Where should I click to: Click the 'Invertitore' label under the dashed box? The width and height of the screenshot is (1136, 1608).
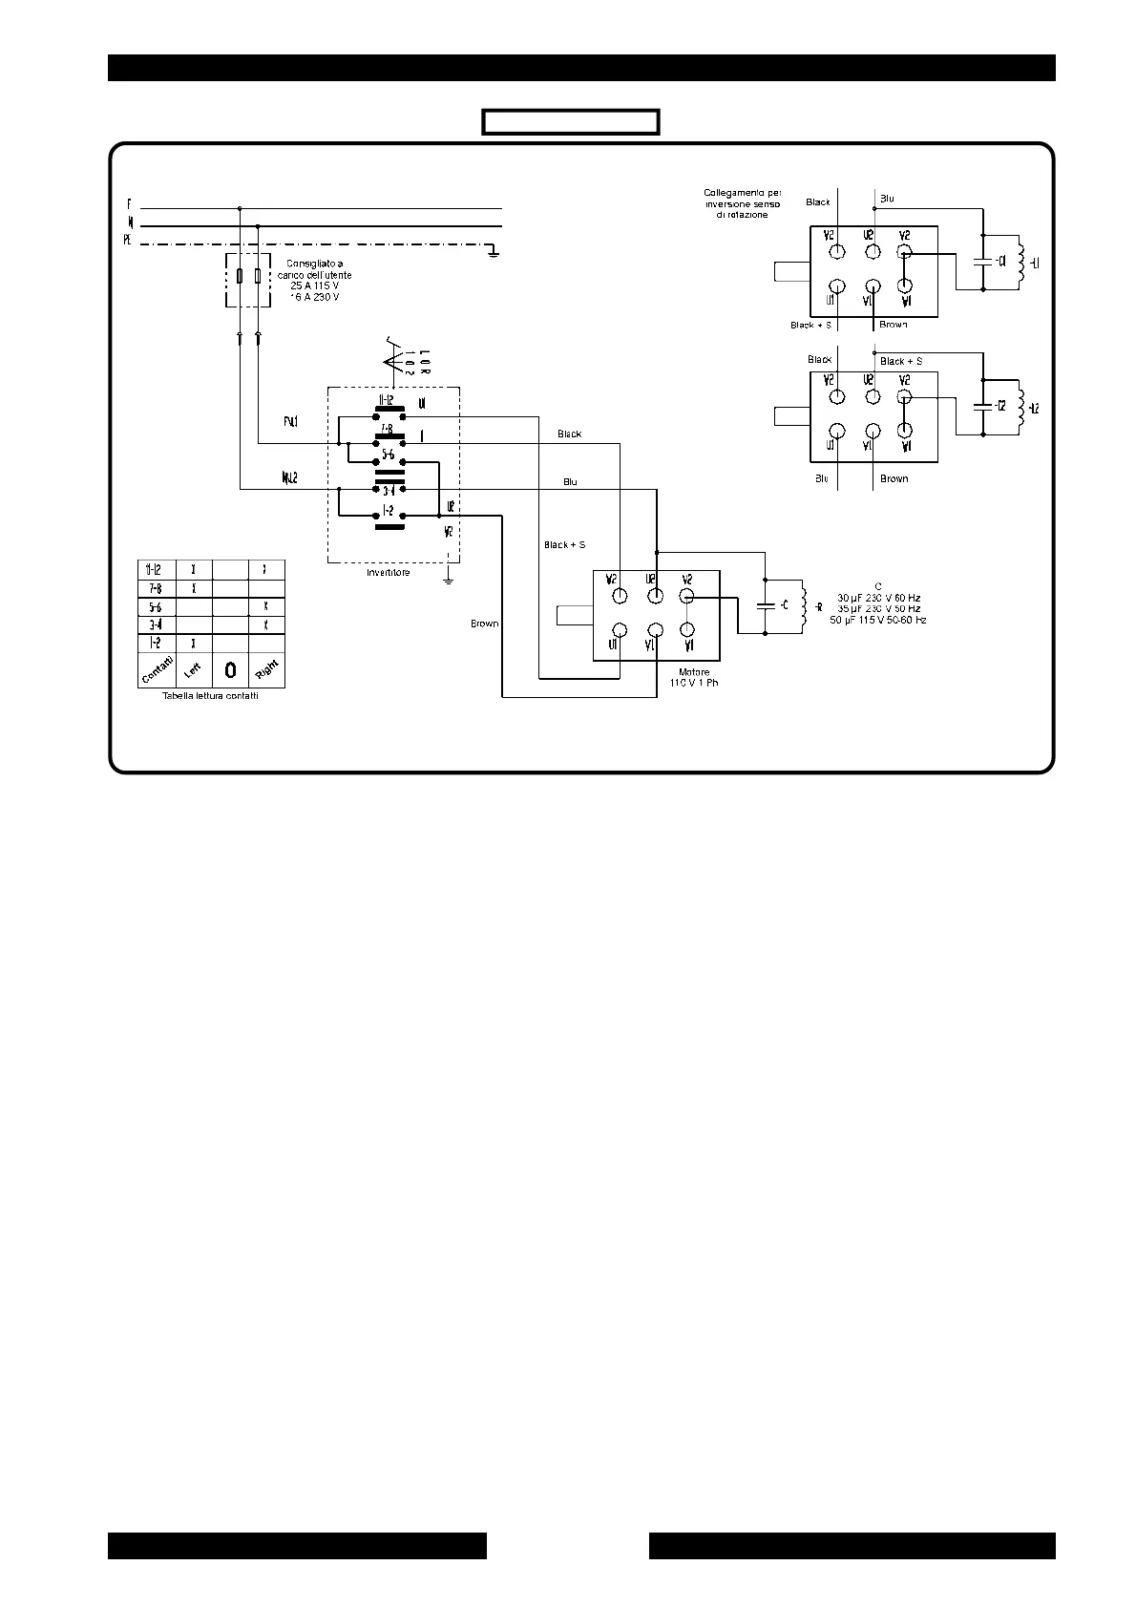click(389, 573)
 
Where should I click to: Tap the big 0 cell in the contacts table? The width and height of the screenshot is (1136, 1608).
click(230, 670)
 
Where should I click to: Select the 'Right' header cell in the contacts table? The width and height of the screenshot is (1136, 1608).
click(266, 670)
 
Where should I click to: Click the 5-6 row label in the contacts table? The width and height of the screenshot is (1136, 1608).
click(156, 606)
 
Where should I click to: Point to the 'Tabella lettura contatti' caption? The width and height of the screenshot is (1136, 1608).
click(210, 696)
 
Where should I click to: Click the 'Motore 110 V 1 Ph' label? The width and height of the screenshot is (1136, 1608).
click(693, 678)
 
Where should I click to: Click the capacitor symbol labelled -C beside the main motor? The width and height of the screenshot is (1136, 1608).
click(765, 605)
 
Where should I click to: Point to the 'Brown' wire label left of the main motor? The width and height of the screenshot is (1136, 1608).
click(484, 624)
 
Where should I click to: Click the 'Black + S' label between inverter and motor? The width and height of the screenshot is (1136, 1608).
click(564, 545)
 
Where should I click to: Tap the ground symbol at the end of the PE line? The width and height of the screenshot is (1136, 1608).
click(493, 250)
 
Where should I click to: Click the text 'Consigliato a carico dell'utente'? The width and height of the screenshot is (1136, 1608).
click(314, 269)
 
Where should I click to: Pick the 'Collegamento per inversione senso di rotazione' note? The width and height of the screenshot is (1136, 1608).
click(742, 203)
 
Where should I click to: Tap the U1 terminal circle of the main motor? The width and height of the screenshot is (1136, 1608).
click(620, 630)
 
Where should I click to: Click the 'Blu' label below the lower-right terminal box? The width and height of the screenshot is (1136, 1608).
click(821, 478)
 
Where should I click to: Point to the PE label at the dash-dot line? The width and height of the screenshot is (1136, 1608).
click(126, 242)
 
